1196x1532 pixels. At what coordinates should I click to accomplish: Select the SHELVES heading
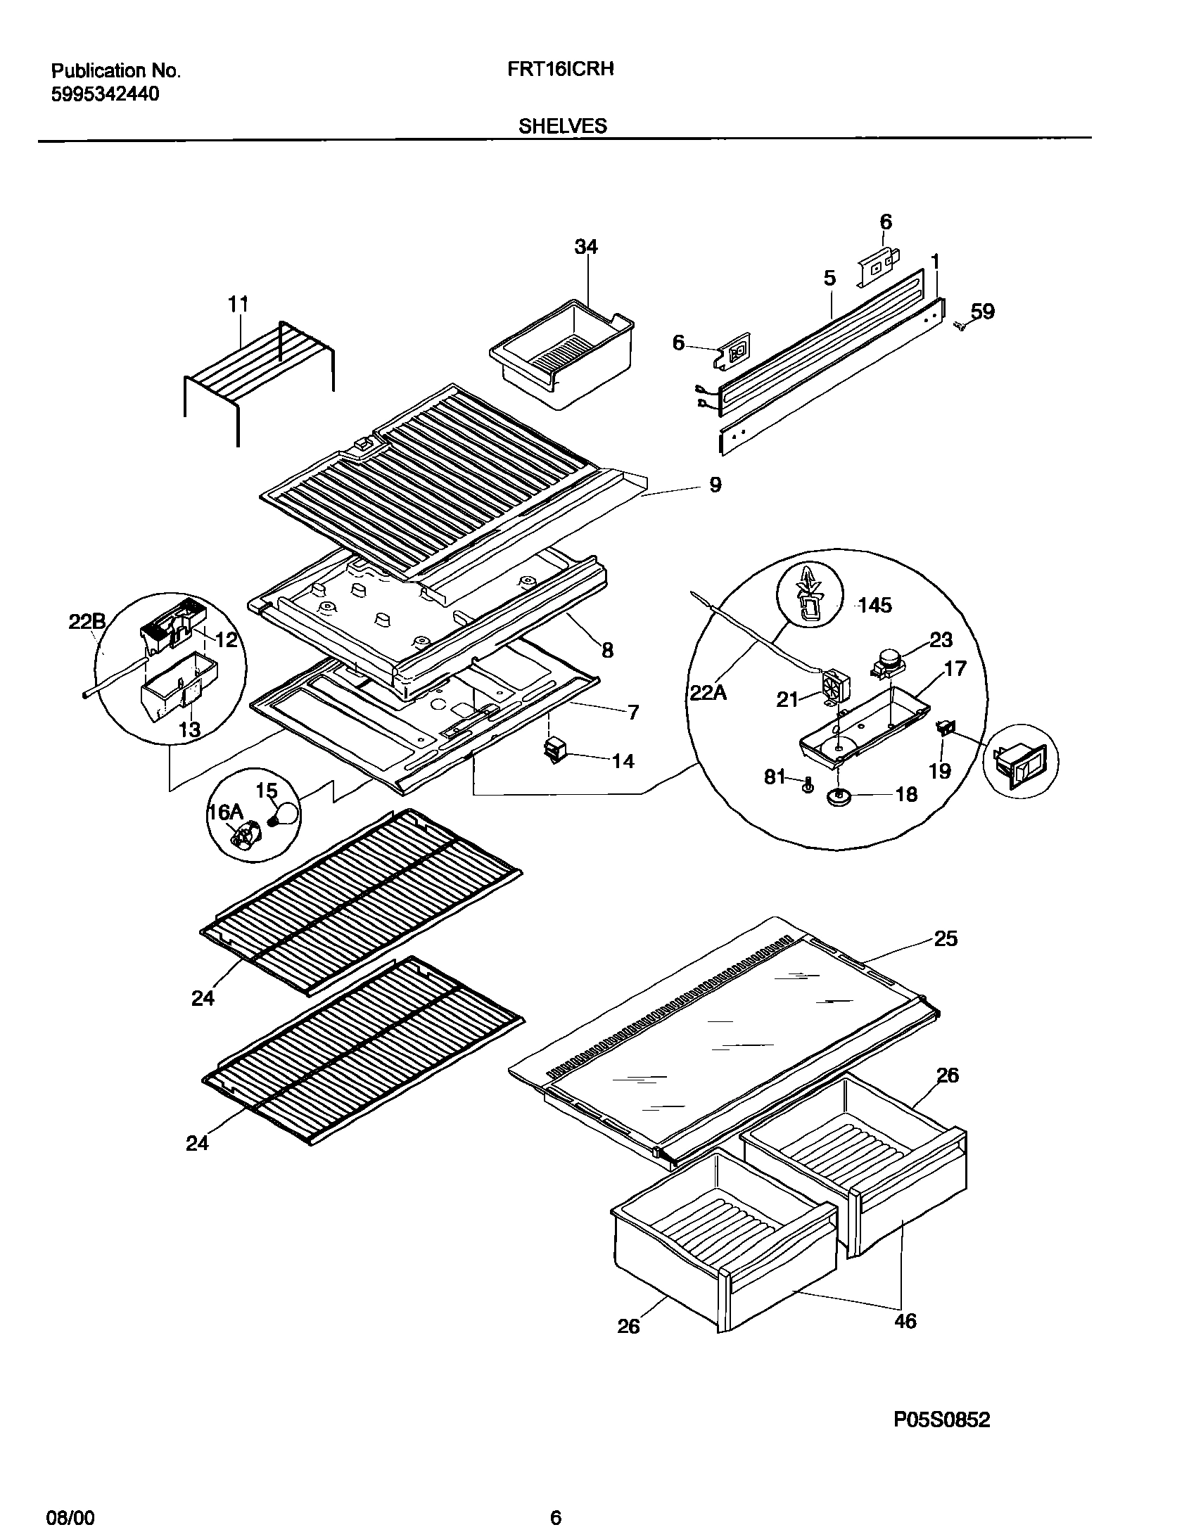[x=562, y=126]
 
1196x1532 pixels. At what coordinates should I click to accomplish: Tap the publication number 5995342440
[x=106, y=94]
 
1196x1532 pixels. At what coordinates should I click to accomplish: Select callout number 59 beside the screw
[x=983, y=312]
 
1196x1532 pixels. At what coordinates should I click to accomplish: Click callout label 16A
[x=224, y=812]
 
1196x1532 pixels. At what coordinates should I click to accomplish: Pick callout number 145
[x=874, y=605]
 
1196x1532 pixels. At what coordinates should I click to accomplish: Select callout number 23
[x=941, y=639]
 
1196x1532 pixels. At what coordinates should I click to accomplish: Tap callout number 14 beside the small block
[x=623, y=760]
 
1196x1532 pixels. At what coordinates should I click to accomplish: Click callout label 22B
[x=87, y=621]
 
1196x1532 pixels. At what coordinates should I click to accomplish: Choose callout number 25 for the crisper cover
[x=945, y=938]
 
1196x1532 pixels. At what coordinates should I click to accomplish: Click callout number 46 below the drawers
[x=905, y=1321]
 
